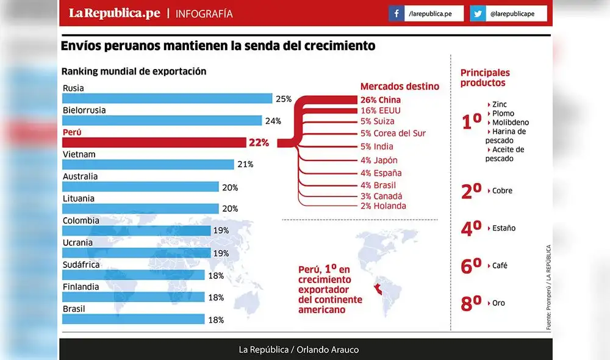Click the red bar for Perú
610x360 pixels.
coord(152,143)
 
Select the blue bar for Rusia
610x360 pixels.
coord(167,98)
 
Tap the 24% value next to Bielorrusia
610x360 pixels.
coord(273,121)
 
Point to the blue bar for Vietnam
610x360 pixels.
coord(148,165)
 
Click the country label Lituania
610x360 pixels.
coord(79,199)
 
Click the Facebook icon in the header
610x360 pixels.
coord(396,13)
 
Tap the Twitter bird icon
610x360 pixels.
coord(477,13)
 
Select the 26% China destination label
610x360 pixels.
coord(381,100)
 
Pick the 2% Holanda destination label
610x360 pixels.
coord(383,206)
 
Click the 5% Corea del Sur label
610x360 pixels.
coord(393,133)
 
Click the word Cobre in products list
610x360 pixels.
coord(502,191)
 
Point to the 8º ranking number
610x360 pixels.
coord(471,303)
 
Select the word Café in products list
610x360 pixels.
coord(500,266)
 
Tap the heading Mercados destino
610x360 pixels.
coord(400,87)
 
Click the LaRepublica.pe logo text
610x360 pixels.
coord(114,13)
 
